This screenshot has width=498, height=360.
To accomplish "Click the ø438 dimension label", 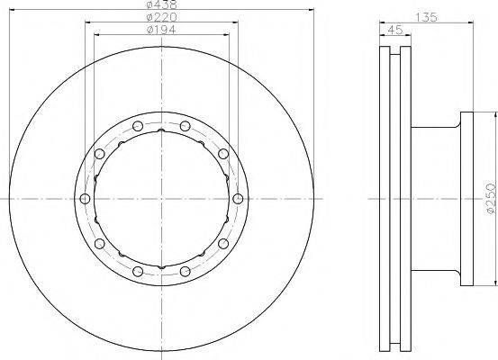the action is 162,4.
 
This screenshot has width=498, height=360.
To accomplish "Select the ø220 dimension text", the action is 162,17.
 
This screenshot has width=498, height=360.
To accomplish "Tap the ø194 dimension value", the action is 162,30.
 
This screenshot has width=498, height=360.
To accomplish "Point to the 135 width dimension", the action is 427,17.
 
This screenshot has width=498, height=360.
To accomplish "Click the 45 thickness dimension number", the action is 395,30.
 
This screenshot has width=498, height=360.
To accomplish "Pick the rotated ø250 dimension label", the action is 492,198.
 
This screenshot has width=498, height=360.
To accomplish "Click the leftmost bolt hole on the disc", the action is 85,199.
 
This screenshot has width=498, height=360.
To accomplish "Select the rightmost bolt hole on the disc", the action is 238,199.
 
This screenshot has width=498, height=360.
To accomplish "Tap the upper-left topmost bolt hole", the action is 138,126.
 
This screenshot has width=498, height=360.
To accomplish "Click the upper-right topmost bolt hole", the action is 186,126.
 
